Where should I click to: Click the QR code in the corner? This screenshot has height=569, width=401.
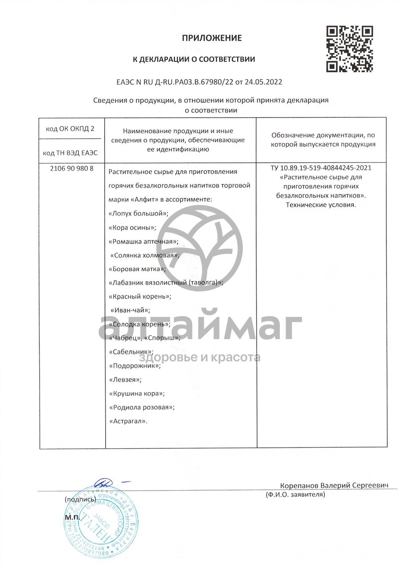[350, 49]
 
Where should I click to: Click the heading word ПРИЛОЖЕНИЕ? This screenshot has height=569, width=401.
[212, 38]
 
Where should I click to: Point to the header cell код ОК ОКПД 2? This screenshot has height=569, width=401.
[70, 129]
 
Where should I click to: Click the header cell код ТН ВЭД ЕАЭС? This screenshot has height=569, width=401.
[70, 153]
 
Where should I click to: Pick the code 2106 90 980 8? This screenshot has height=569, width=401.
[70, 169]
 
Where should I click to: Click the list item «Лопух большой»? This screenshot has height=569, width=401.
[139, 213]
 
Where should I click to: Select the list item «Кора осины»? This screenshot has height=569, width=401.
[132, 228]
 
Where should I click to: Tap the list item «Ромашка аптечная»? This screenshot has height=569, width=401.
[143, 242]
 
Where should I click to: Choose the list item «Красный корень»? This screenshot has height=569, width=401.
[140, 296]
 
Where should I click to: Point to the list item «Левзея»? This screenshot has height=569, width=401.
[126, 380]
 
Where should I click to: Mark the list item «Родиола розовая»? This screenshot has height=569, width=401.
[142, 407]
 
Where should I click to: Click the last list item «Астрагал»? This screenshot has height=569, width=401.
[128, 421]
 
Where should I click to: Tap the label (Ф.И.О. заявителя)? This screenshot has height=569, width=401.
[295, 495]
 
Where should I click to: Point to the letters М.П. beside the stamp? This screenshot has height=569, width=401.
[72, 518]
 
